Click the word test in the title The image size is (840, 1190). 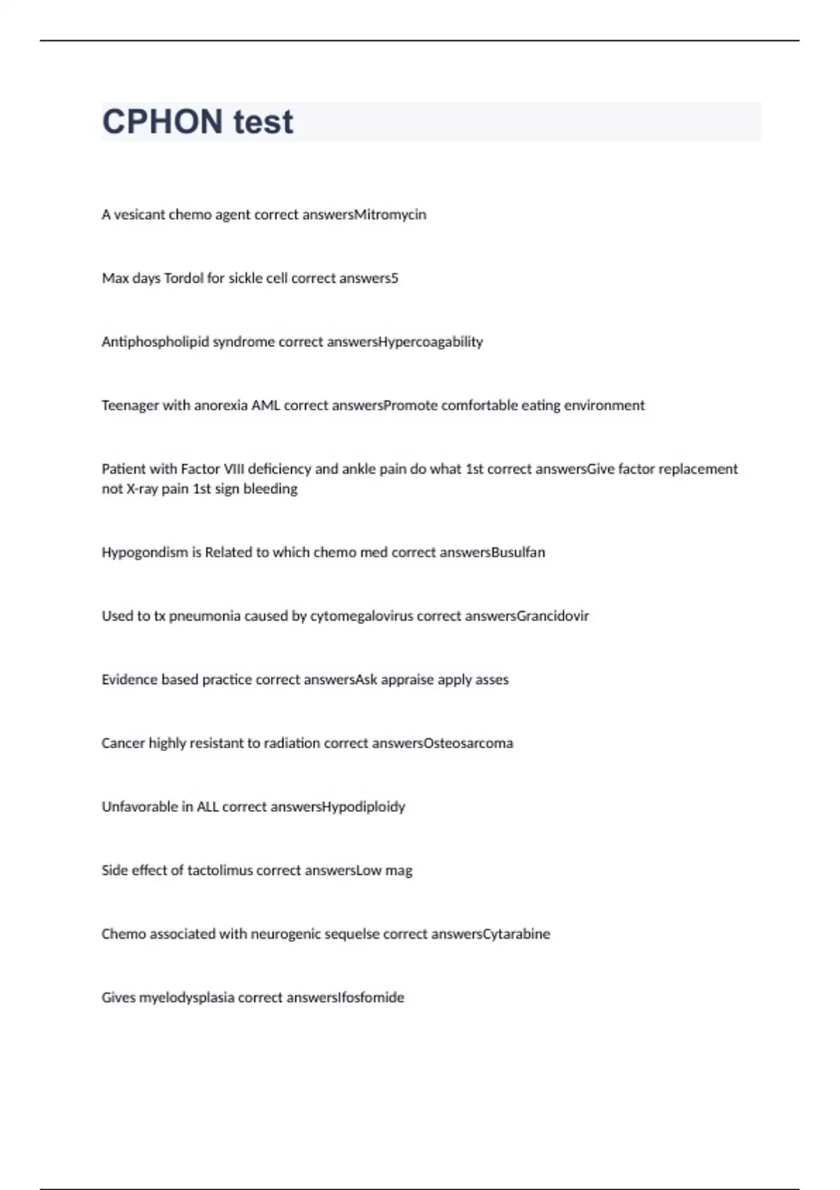click(x=263, y=122)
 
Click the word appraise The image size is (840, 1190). click(x=407, y=680)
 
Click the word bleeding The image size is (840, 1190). click(x=270, y=489)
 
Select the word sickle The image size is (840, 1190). click(x=244, y=279)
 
